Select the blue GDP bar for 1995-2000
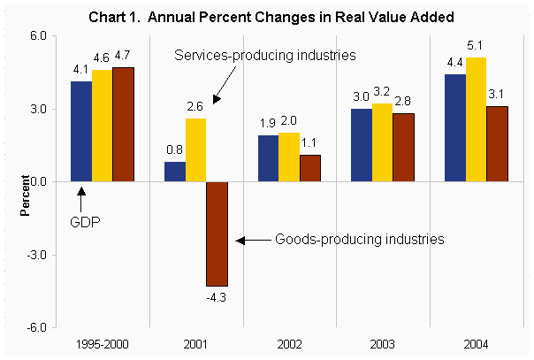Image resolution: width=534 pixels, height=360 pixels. pos(80,131)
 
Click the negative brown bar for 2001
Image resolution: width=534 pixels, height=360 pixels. pos(217,234)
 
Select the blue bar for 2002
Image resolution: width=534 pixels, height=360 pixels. pos(268,158)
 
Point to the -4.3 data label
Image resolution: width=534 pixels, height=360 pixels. pos(217,296)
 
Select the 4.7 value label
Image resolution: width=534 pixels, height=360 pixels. pos(125,57)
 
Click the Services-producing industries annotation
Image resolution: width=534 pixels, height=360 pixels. pos(264,55)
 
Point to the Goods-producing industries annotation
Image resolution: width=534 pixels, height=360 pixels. pos(358,239)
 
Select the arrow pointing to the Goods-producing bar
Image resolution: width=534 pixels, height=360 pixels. pos(252,239)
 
